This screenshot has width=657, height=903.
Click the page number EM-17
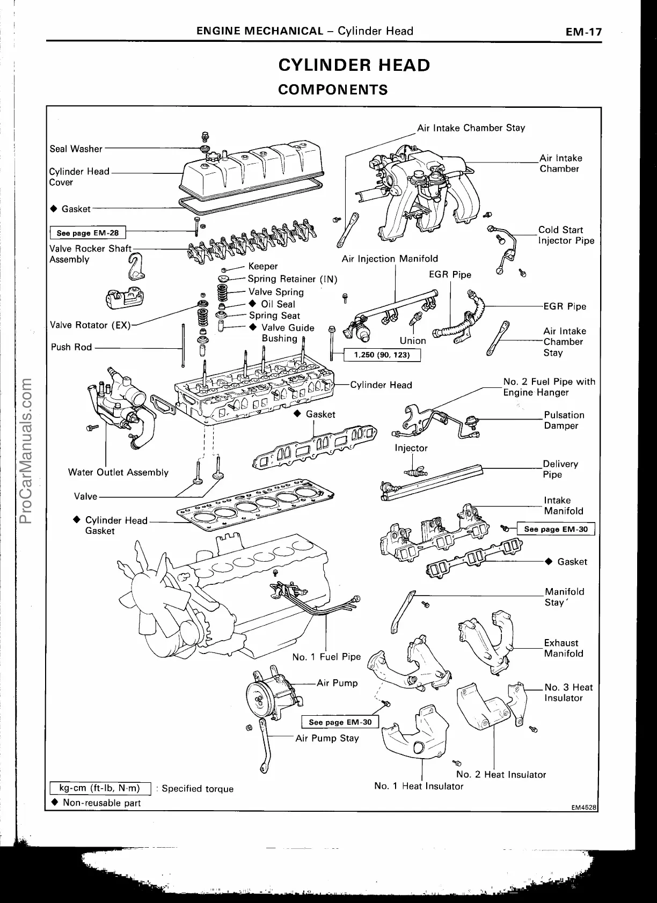[583, 32]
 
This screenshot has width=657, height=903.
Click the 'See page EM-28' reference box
[87, 233]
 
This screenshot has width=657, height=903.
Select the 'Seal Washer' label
[76, 149]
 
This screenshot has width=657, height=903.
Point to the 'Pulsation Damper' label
[564, 420]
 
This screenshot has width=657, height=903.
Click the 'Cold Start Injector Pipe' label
[566, 235]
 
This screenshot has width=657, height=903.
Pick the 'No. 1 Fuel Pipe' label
[326, 657]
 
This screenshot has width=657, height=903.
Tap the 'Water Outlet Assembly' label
[118, 472]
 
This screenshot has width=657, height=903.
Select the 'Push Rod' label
[71, 347]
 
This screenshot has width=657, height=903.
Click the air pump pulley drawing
[261, 698]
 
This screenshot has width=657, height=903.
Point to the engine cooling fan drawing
[150, 590]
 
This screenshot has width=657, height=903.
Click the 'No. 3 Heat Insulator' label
[568, 693]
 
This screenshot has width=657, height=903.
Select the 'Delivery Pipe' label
[560, 469]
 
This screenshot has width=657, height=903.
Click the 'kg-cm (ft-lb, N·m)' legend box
[99, 788]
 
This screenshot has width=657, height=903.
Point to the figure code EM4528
[584, 807]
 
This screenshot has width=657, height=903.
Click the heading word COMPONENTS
[333, 89]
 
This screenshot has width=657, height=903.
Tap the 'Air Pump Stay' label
[327, 738]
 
